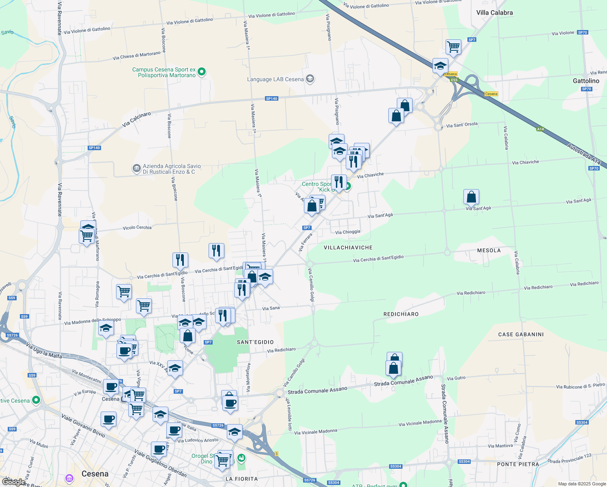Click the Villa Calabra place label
pos(494,13)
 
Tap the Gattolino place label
pos(586,81)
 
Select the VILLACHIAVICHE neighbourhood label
pos(348,248)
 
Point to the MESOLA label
pos(489,250)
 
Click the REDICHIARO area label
pos(401,314)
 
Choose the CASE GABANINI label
pos(521,334)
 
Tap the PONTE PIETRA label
pos(518,464)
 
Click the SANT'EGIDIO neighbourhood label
pos(255,342)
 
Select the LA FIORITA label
pos(241,479)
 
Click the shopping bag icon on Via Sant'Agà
pos(471,197)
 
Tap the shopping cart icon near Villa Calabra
pos(453,47)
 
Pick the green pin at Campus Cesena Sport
pos(202,72)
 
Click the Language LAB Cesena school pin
pos(310,79)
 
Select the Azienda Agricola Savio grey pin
pos(137,168)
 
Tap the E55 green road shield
pos(454,80)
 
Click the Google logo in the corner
pos(13,482)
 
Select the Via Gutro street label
pos(456,378)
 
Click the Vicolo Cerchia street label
pos(137,228)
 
